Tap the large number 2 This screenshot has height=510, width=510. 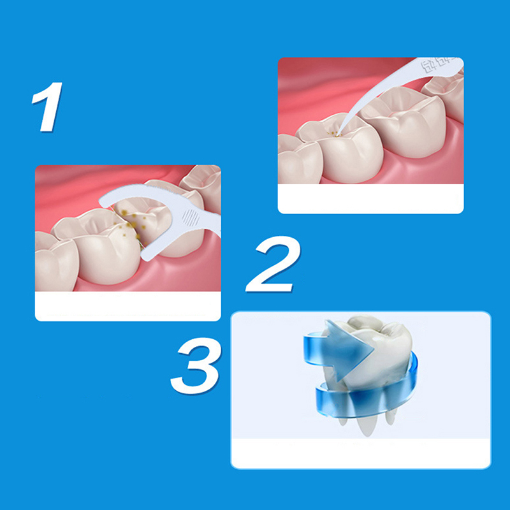tap(273, 264)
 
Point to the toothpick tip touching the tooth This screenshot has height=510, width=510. tap(339, 134)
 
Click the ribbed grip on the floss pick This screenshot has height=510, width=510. tap(190, 217)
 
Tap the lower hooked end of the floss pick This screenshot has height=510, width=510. tap(147, 256)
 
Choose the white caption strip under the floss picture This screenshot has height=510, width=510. tap(128, 306)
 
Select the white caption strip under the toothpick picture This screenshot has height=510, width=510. tap(370, 198)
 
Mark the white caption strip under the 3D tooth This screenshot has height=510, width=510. tap(360, 453)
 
